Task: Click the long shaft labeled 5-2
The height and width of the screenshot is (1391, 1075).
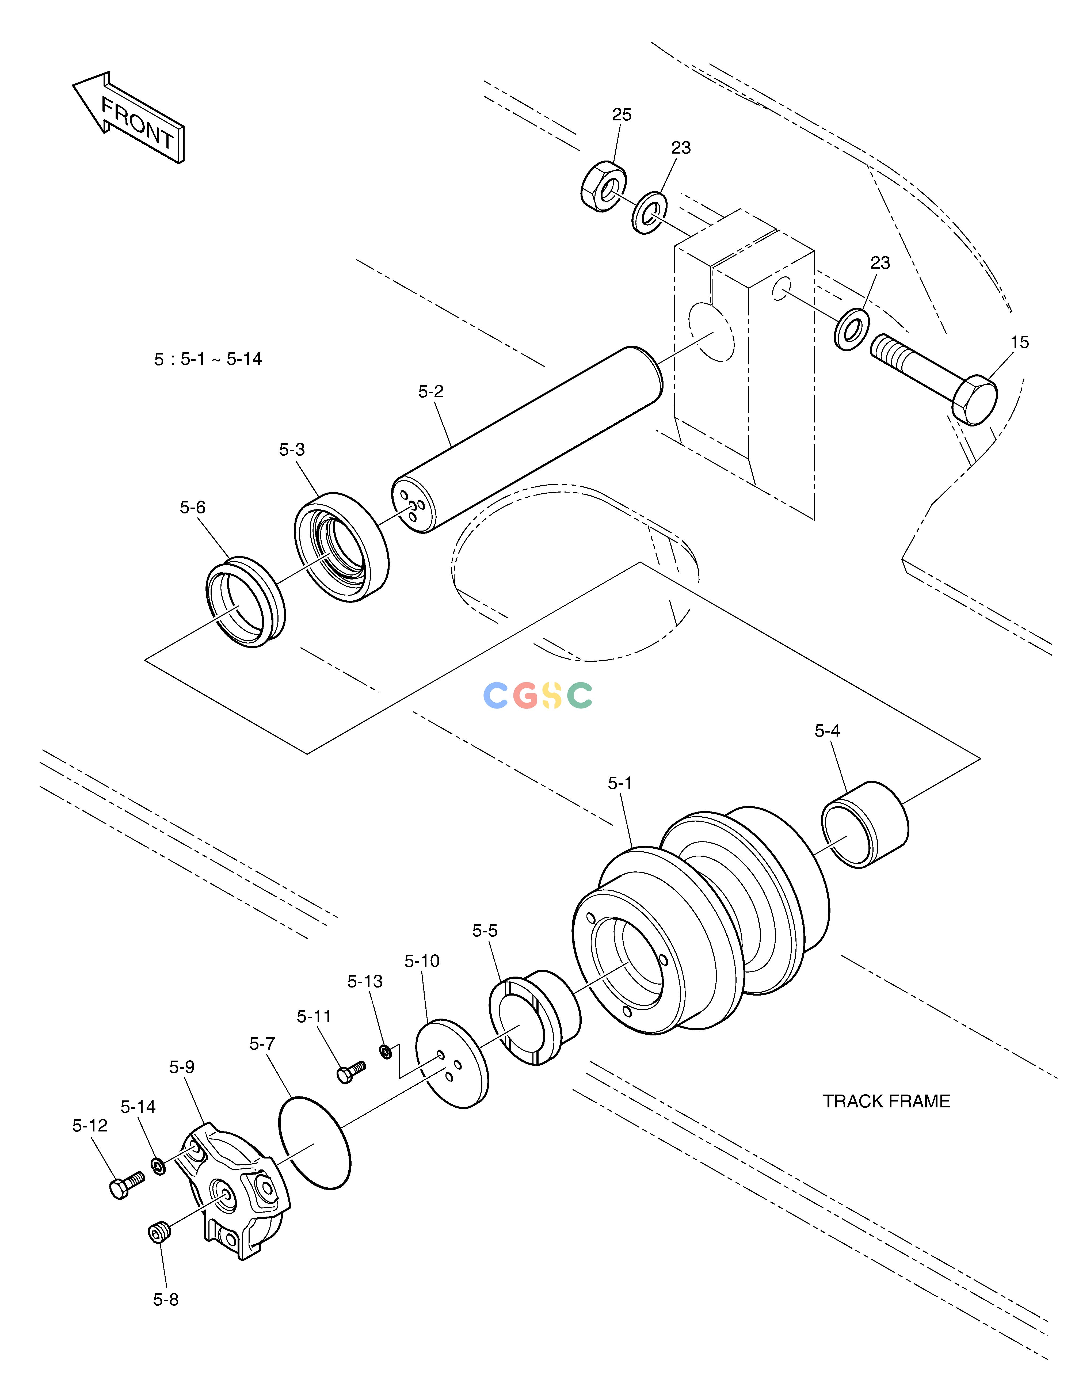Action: click(x=527, y=440)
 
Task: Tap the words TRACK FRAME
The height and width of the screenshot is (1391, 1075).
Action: click(x=886, y=1101)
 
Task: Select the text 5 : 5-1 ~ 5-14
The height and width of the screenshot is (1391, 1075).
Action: click(x=208, y=359)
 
